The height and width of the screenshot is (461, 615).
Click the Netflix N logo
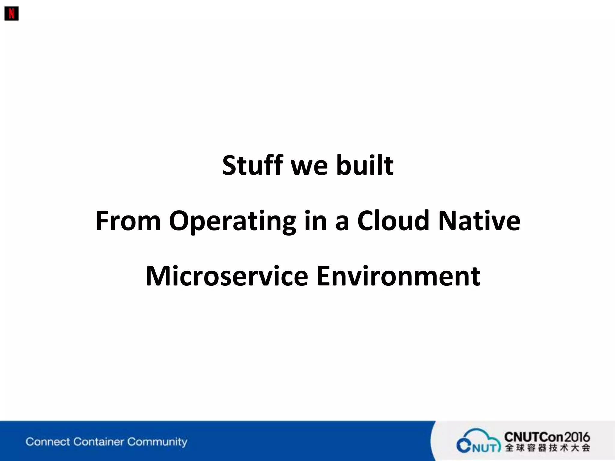[x=11, y=14]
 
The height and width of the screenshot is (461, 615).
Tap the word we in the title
[x=309, y=166]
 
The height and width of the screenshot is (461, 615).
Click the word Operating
[x=232, y=221]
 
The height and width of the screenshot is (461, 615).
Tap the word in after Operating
[x=315, y=221]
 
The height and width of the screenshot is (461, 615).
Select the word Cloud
[x=393, y=221]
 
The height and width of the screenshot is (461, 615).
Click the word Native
[x=479, y=221]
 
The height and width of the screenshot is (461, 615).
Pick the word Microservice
[x=227, y=276]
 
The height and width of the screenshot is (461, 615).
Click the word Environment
[x=398, y=276]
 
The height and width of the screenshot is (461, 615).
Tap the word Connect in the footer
[x=48, y=442]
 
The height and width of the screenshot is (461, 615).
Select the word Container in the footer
[x=98, y=442]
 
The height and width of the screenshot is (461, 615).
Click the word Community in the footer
[x=157, y=442]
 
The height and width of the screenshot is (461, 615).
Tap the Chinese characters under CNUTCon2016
[x=547, y=448]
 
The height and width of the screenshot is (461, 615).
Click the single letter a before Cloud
[x=342, y=221]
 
